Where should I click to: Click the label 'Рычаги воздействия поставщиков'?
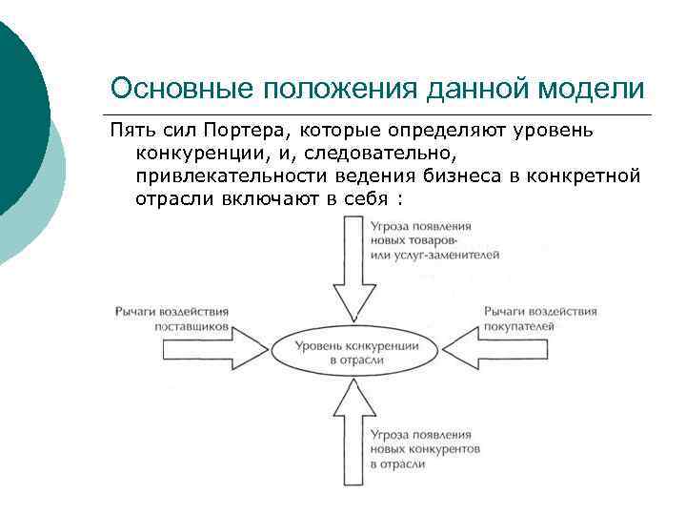(172, 318)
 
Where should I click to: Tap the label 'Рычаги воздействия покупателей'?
(539, 318)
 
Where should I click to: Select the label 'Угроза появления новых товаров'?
(434, 240)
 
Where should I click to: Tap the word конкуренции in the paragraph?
(201, 153)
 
